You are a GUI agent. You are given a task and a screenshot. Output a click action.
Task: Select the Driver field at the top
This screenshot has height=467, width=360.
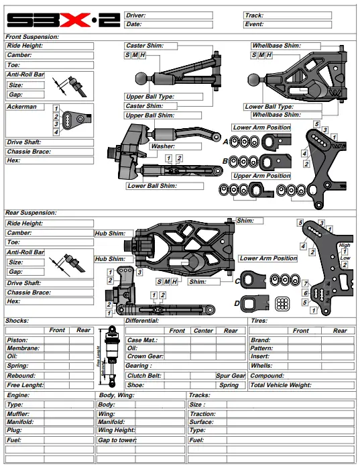click(x=178, y=15)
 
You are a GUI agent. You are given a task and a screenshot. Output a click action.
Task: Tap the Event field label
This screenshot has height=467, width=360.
click(x=254, y=24)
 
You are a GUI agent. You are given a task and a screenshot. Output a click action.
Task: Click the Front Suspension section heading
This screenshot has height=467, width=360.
click(x=32, y=37)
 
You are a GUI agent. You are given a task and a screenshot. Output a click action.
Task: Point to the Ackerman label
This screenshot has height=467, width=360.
click(x=22, y=107)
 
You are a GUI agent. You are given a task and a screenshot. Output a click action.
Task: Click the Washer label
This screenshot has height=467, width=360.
click(x=163, y=146)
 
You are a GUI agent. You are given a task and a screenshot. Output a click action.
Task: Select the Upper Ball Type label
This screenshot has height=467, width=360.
click(x=150, y=97)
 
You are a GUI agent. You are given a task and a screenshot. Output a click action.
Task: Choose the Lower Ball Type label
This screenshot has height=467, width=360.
click(x=269, y=107)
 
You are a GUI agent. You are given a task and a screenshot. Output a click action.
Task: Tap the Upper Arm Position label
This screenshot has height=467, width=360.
click(x=261, y=176)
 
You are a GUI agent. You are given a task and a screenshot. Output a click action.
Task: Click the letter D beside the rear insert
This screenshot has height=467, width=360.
click(x=237, y=303)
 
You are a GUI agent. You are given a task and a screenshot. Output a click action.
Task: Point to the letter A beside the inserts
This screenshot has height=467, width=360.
click(x=225, y=142)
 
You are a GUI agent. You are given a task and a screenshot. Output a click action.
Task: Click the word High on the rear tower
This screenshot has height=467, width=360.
click(x=345, y=246)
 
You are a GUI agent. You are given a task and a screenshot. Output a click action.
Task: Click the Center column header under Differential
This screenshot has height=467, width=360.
click(x=203, y=330)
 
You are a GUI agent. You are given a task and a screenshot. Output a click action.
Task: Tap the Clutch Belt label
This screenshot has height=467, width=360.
click(x=144, y=376)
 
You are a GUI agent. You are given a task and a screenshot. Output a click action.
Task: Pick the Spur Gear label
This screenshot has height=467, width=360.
click(x=230, y=376)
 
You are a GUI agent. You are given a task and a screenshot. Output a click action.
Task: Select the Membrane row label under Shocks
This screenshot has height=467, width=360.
click(x=23, y=349)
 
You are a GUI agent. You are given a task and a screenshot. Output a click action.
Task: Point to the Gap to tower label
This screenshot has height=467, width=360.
click(x=117, y=440)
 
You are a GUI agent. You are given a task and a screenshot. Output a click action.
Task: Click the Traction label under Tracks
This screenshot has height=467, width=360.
click(x=202, y=415)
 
